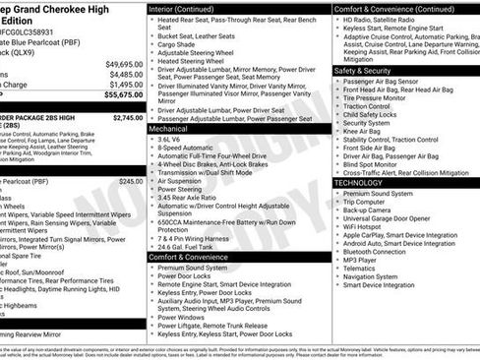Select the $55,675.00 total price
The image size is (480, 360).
(124, 95)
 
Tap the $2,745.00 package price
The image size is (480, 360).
(128, 117)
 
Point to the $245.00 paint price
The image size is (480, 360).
(131, 181)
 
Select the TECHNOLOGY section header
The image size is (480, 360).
(358, 183)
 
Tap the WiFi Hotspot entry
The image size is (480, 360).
(369, 227)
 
